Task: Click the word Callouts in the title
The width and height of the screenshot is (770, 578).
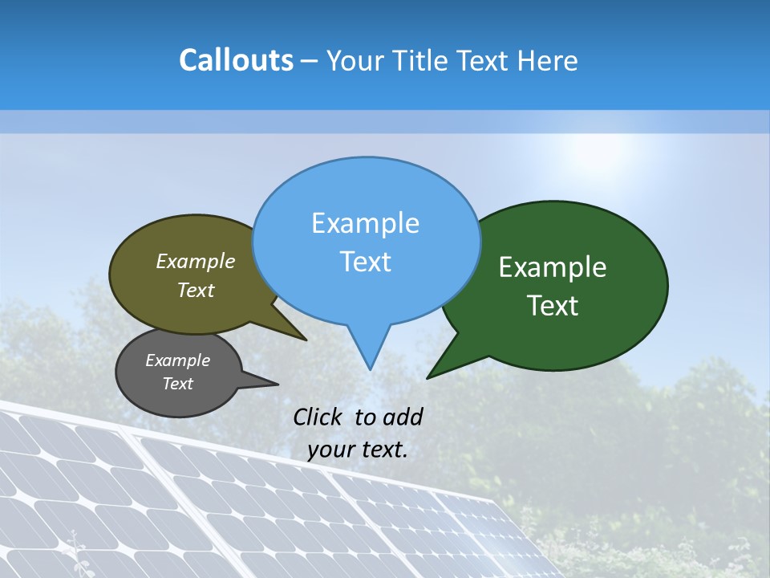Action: (x=236, y=60)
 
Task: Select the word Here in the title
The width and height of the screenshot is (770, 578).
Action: (x=548, y=60)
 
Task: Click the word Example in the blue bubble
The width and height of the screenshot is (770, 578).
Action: (x=365, y=223)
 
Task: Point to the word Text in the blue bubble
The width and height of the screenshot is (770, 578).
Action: (x=365, y=262)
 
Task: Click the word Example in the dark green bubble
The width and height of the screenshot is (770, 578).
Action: (x=553, y=267)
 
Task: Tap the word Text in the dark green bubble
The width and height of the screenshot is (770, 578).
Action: (x=553, y=306)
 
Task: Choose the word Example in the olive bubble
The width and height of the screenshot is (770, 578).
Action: (x=196, y=261)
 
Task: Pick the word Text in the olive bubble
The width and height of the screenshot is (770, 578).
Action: (x=196, y=290)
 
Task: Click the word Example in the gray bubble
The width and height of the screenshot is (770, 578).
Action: (x=177, y=360)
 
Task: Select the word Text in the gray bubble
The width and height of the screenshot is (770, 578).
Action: (x=177, y=384)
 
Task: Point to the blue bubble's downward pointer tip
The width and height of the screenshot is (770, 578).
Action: (x=369, y=368)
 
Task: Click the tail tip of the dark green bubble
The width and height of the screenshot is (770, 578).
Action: (x=428, y=377)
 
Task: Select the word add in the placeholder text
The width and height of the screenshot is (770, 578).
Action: (x=403, y=417)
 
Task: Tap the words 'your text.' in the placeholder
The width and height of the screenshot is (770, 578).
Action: (x=357, y=450)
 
